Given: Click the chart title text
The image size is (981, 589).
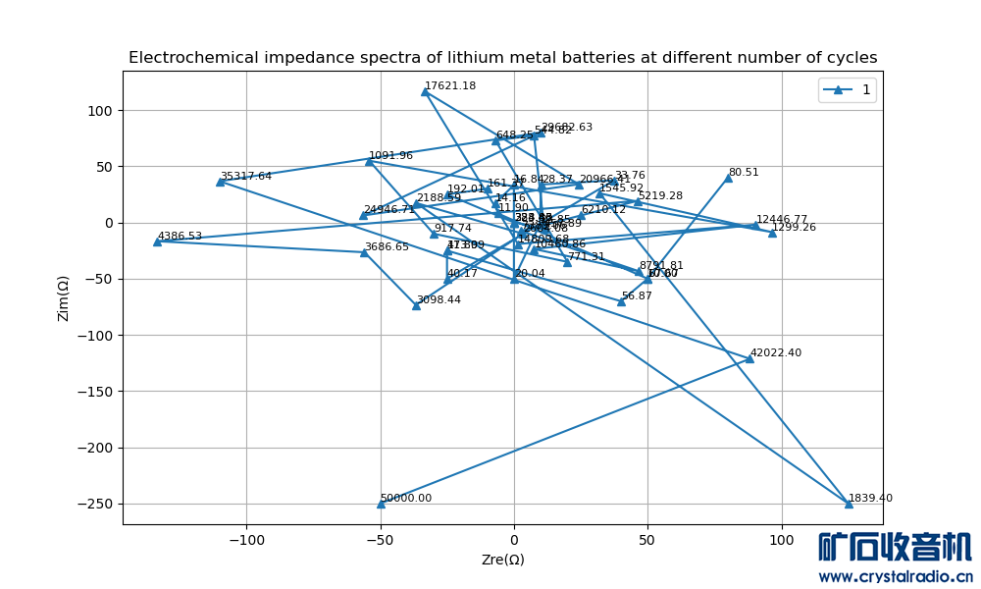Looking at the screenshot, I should tap(502, 58).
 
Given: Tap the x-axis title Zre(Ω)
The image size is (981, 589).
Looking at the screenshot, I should tap(502, 560).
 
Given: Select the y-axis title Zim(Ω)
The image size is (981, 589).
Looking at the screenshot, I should tap(63, 297).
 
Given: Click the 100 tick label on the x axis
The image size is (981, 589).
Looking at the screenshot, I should tap(781, 540).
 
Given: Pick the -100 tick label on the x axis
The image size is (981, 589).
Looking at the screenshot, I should tap(246, 540).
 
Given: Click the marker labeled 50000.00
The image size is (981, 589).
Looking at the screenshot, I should tap(381, 504).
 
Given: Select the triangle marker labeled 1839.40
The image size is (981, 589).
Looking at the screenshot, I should tap(849, 504).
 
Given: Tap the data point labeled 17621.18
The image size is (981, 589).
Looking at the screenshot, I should tap(425, 91).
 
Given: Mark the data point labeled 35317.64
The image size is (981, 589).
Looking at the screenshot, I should tap(220, 182).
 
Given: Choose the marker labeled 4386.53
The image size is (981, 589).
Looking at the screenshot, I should tap(157, 241).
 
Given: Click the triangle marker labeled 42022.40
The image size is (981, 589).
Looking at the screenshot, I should tap(749, 358).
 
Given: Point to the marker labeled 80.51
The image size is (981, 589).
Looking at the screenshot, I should tap(728, 178).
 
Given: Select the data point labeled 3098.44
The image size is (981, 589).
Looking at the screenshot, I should tap(416, 305).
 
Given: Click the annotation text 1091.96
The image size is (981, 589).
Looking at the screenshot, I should tap(390, 155).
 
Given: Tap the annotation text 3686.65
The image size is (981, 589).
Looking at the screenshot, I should tap(387, 247).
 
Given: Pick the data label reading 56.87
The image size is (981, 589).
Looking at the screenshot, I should tap(637, 295).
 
